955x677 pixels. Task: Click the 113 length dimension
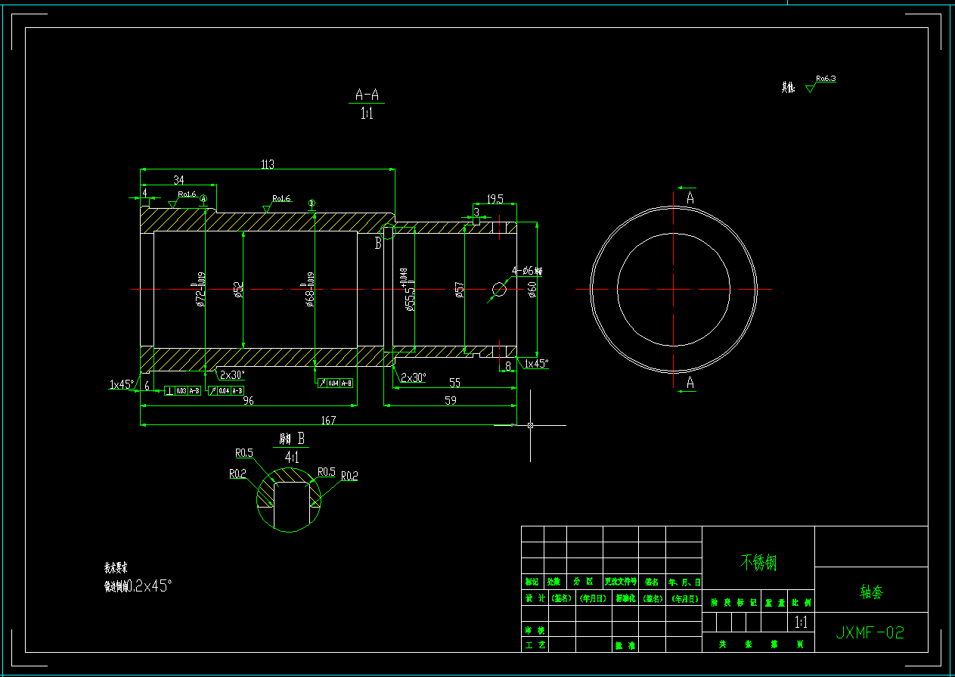pyautogui.click(x=267, y=164)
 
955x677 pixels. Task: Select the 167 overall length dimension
pyautogui.click(x=328, y=420)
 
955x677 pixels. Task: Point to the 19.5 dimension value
pyautogui.click(x=495, y=199)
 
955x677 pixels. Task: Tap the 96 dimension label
pyautogui.click(x=248, y=402)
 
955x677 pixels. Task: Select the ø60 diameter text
pyautogui.click(x=532, y=289)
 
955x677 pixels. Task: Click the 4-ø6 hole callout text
pyautogui.click(x=527, y=271)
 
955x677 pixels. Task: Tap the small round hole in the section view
pyautogui.click(x=499, y=288)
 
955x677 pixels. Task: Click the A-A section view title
pyautogui.click(x=367, y=95)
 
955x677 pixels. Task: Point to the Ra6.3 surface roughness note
pyautogui.click(x=825, y=79)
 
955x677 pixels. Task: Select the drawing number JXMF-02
pyautogui.click(x=870, y=632)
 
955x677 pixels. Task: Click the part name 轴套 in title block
pyautogui.click(x=871, y=592)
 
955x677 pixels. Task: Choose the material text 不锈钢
pyautogui.click(x=758, y=562)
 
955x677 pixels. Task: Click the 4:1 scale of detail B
pyautogui.click(x=291, y=457)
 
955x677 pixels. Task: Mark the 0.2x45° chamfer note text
pyautogui.click(x=149, y=585)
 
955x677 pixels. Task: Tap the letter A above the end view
pyautogui.click(x=690, y=198)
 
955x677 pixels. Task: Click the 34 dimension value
pyautogui.click(x=178, y=180)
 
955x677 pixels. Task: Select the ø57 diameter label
pyautogui.click(x=458, y=290)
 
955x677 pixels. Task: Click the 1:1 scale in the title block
pyautogui.click(x=802, y=623)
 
